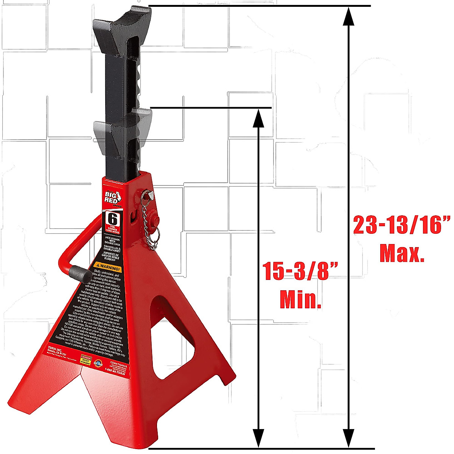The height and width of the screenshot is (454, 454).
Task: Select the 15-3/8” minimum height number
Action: pyautogui.click(x=300, y=271)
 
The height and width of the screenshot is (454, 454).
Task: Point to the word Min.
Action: pyautogui.click(x=300, y=300)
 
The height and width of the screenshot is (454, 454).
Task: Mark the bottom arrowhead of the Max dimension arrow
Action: pyautogui.click(x=349, y=439)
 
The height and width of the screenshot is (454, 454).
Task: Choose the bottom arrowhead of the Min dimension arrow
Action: pyautogui.click(x=258, y=439)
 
